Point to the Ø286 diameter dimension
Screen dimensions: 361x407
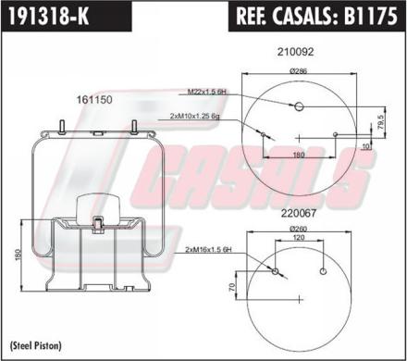[x=298, y=70]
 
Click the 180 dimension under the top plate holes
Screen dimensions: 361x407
[x=300, y=155]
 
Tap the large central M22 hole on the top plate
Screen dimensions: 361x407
[x=298, y=106]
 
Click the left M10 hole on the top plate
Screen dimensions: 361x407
[x=264, y=135]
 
